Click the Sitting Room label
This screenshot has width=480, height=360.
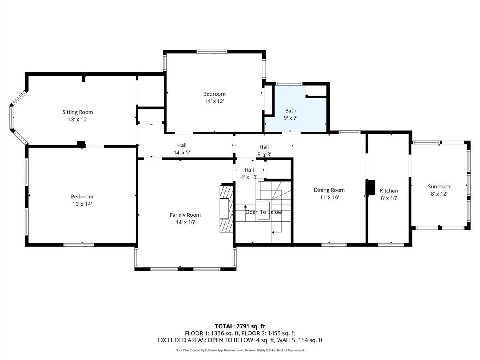[78, 112]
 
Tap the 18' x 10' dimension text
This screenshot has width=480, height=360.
[78, 119]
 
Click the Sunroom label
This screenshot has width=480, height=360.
[439, 186]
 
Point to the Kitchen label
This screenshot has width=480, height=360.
[389, 191]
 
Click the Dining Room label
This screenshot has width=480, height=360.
[329, 190]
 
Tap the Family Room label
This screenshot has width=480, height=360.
[185, 215]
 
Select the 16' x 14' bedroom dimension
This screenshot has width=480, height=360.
[82, 204]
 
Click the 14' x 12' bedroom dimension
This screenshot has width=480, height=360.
[214, 101]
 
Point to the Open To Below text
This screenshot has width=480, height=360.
[264, 212]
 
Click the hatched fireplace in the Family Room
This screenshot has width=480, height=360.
[226, 208]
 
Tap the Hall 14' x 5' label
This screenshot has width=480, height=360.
[182, 149]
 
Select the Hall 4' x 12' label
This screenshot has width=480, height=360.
[249, 174]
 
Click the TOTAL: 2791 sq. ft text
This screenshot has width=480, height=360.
[240, 326]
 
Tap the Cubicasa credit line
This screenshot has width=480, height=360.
[240, 350]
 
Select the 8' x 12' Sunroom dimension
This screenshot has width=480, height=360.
[439, 194]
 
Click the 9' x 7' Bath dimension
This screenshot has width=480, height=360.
[291, 118]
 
